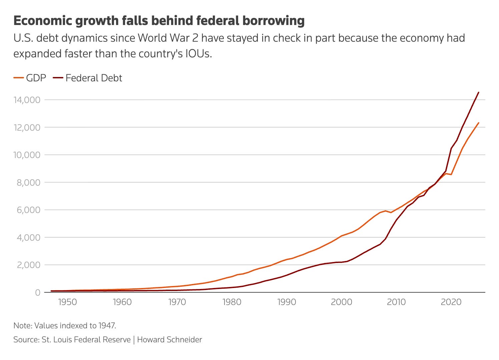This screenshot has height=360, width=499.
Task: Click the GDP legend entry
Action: pos(30,78)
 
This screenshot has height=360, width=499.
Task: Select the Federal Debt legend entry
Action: pos(87,78)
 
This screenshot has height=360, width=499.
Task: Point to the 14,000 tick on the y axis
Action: pos(27,100)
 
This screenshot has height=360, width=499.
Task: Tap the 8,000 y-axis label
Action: pos(28,183)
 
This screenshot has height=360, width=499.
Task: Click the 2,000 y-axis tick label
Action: pos(28,265)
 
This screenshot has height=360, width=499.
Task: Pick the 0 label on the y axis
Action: pos(38,293)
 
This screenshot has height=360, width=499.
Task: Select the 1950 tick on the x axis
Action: pos(67,302)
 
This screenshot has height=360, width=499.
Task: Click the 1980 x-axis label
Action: pos(232,302)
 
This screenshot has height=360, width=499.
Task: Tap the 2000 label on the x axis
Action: pos(342,302)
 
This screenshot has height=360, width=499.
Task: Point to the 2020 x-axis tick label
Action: pos(451,302)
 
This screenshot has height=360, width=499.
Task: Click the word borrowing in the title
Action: pos(273,21)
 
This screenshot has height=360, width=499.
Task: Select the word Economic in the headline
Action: pos(43,20)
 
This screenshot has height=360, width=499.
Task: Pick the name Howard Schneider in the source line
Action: pos(169,340)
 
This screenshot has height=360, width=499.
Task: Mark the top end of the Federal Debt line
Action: pos(479,92)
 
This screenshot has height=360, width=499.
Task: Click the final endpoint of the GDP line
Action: pos(479,123)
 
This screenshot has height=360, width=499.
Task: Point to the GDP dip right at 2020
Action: pos(451,175)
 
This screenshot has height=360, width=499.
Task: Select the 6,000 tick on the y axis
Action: pos(28,210)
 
